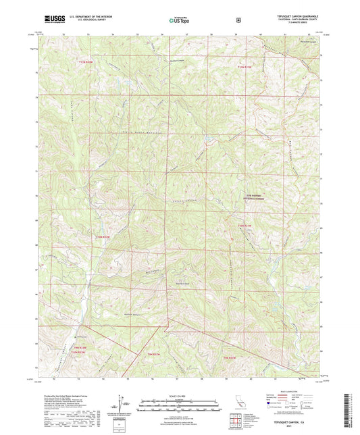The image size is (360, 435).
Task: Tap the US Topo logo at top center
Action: pyautogui.click(x=178, y=20)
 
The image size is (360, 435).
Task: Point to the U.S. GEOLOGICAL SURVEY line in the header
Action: pyautogui.click(x=82, y=21)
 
